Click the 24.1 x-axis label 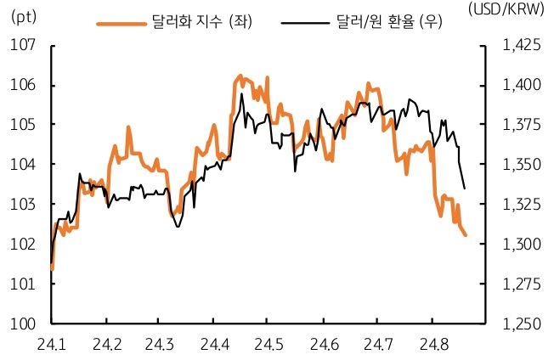tap(52, 343)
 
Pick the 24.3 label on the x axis tap(160, 343)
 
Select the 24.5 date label tap(267, 343)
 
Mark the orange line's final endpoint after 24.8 tap(465, 235)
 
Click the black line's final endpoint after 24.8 tap(464, 188)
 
